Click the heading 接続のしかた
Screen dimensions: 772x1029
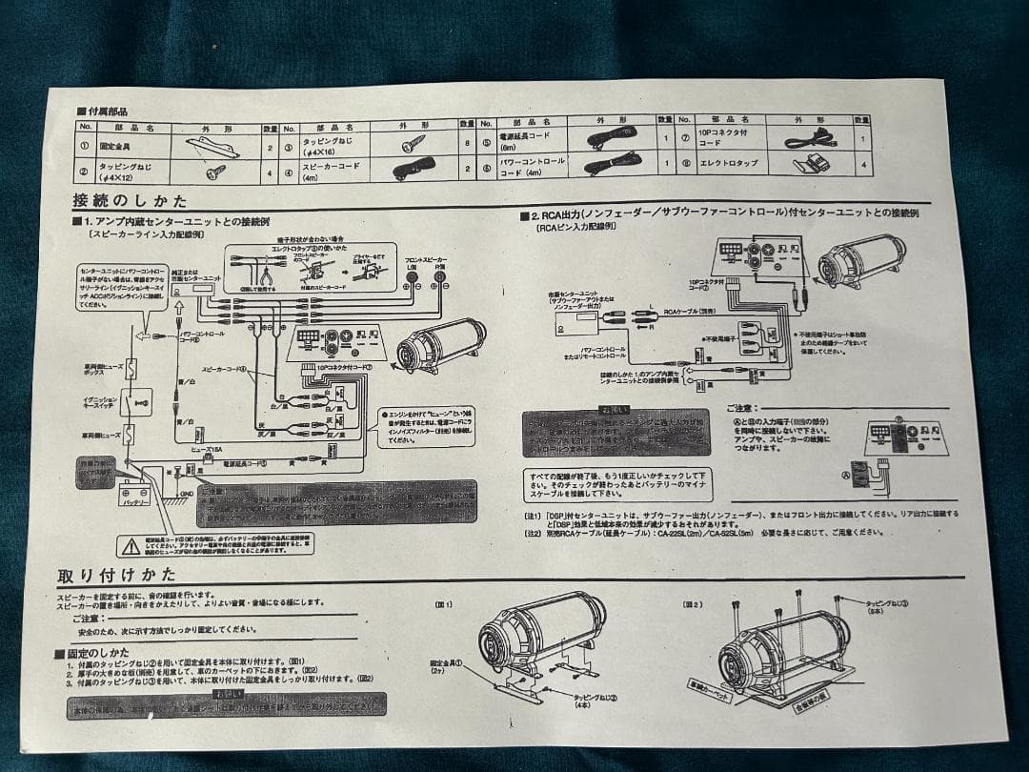click(130, 201)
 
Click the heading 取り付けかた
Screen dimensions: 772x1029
click(116, 575)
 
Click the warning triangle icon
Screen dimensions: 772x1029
click(130, 546)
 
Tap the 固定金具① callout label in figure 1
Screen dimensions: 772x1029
click(446, 664)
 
